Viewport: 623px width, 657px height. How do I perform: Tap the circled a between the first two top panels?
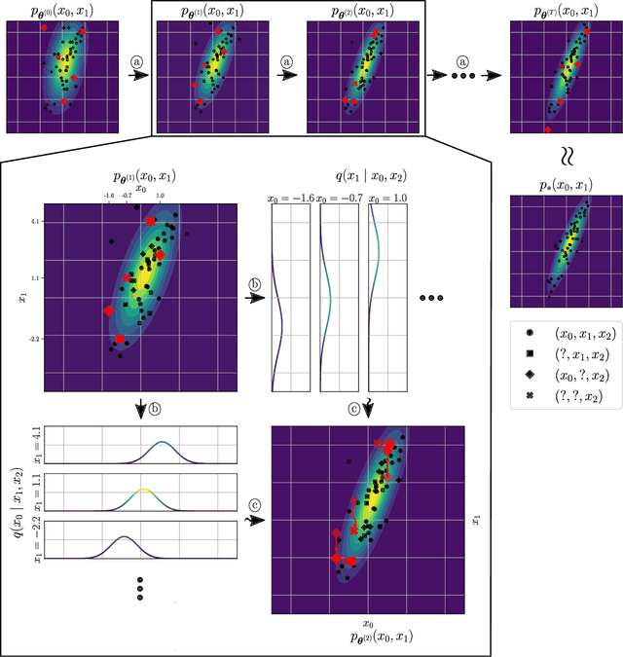[136, 60]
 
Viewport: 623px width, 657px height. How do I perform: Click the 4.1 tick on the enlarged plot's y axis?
[34, 221]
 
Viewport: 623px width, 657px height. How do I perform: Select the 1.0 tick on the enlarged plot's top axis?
[160, 196]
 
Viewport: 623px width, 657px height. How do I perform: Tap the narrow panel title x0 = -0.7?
[335, 199]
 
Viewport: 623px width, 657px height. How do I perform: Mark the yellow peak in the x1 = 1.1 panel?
[143, 490]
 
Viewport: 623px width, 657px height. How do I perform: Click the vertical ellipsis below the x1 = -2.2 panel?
[139, 592]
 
